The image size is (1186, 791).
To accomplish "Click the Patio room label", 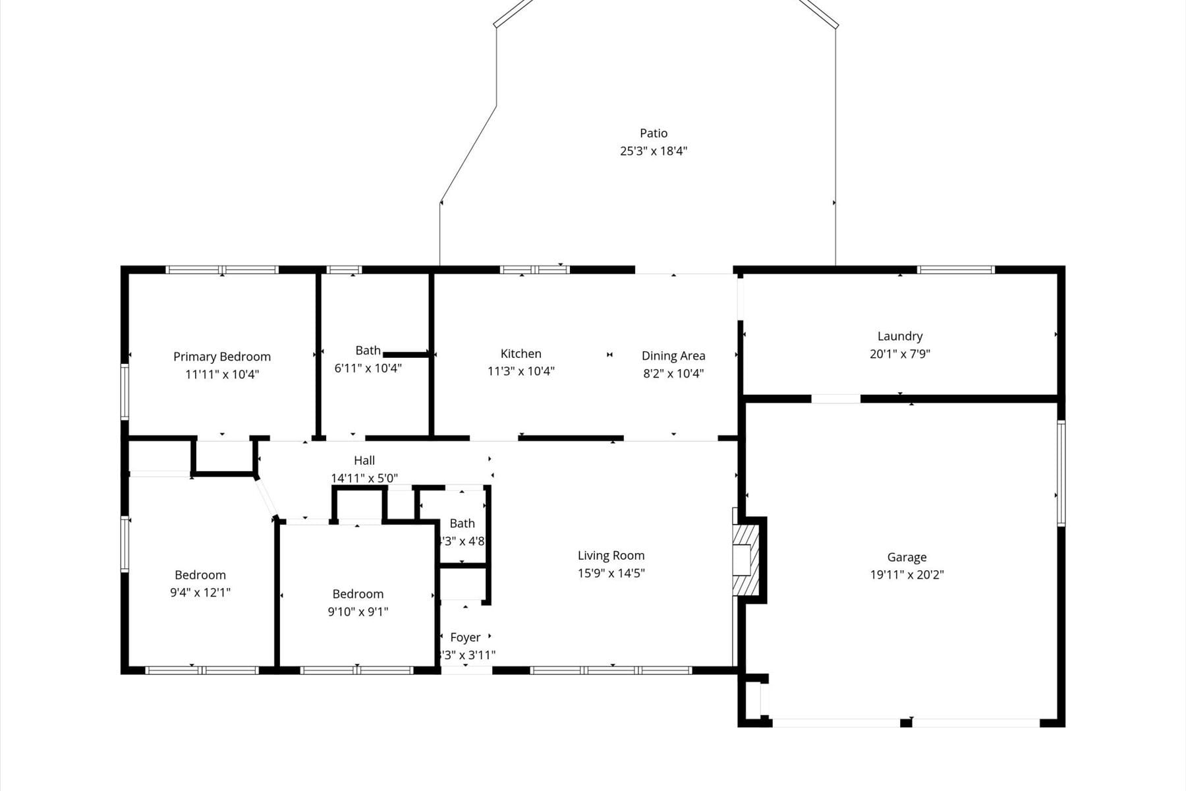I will (x=653, y=133).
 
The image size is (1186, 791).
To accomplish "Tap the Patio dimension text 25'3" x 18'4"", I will (x=653, y=151).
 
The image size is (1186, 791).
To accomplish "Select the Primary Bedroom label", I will (x=222, y=357).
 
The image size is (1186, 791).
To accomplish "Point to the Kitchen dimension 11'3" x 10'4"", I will (x=521, y=371).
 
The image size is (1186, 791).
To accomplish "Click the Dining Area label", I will (x=673, y=356).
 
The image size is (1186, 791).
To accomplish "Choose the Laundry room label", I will (x=899, y=336).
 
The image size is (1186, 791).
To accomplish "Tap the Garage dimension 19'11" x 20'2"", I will (x=907, y=575).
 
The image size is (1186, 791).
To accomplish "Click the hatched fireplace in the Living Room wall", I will (x=747, y=560).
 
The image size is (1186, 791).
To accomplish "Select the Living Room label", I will (x=611, y=556).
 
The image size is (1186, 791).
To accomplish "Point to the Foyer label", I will (x=465, y=637).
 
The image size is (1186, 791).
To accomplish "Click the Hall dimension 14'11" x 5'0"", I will (x=364, y=479).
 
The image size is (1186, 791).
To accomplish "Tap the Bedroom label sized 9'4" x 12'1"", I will (x=200, y=575).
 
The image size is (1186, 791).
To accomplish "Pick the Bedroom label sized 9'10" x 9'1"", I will (x=358, y=594).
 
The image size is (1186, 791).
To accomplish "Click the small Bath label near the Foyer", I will (x=462, y=523).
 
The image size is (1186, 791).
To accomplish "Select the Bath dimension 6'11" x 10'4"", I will (x=368, y=368).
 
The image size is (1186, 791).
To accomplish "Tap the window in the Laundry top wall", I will (x=955, y=270).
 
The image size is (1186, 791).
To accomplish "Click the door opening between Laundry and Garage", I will (x=835, y=399).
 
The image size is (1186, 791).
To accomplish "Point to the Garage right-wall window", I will (x=1061, y=473).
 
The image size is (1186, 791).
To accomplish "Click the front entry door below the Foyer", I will (x=466, y=670).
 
